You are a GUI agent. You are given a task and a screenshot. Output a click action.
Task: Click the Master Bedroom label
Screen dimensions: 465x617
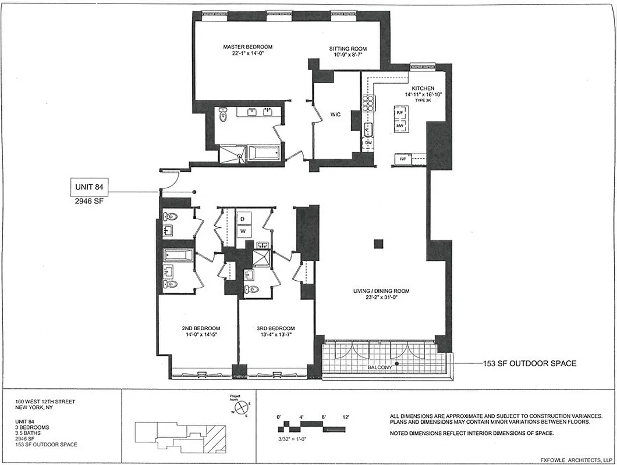245,46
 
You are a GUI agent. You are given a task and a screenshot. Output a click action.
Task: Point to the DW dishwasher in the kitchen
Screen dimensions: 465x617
368,142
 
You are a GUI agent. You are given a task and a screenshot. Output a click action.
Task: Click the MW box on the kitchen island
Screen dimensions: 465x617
400,126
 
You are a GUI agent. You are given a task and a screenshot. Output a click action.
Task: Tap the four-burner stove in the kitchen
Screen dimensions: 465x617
368,103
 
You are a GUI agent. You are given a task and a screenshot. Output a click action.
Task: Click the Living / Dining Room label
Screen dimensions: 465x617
381,291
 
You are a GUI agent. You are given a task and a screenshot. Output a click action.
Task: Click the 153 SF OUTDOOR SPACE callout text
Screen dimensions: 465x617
530,363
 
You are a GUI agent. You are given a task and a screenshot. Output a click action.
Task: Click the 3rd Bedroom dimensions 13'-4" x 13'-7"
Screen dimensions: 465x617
276,335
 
